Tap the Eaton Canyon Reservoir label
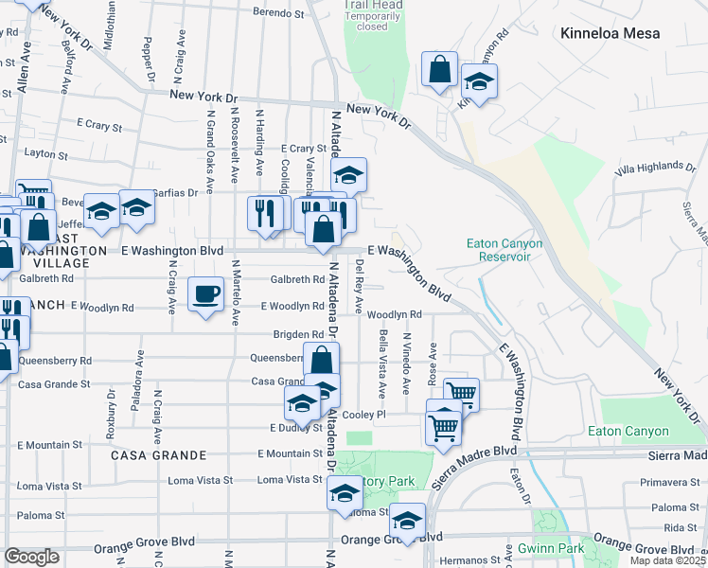coord(504,250)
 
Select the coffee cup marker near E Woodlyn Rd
coord(206,294)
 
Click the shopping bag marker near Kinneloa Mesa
coord(439,69)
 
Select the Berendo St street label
coord(278,14)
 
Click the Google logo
coord(31,557)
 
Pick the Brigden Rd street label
coord(298,334)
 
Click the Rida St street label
coord(681,527)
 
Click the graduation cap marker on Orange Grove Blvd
coord(408,522)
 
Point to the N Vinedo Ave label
coord(407,364)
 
